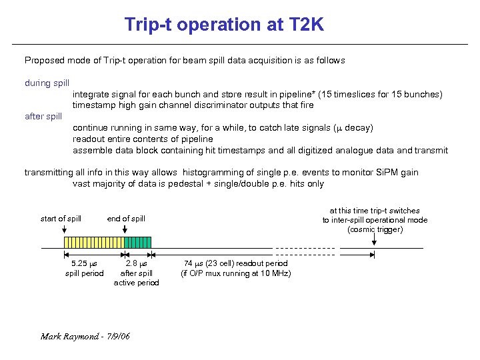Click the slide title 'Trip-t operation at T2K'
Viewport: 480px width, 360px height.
click(x=224, y=25)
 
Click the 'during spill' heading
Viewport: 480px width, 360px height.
click(x=47, y=83)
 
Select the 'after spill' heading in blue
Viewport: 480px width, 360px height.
click(x=43, y=116)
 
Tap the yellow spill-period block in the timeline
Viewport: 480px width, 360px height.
click(x=93, y=243)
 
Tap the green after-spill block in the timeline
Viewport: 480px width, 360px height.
click(x=138, y=243)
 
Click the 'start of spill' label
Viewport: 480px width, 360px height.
click(x=61, y=219)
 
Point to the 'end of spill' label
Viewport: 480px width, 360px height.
click(x=126, y=219)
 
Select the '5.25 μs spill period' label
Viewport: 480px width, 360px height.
click(x=84, y=268)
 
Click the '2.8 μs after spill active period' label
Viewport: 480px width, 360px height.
click(x=137, y=273)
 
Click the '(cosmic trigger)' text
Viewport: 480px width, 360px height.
click(x=375, y=229)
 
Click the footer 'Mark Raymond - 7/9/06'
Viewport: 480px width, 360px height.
click(x=85, y=336)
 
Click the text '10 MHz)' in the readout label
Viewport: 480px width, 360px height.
click(x=275, y=273)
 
